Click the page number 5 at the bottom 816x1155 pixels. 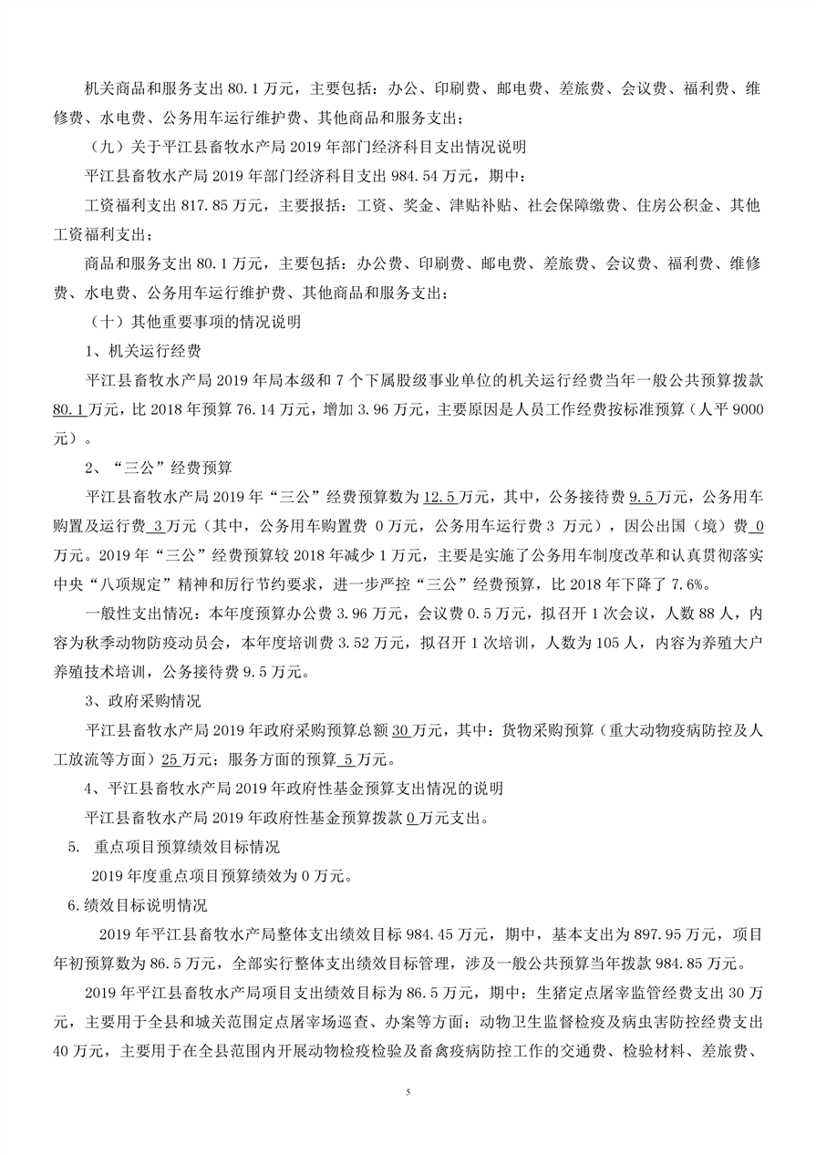(x=408, y=1091)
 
